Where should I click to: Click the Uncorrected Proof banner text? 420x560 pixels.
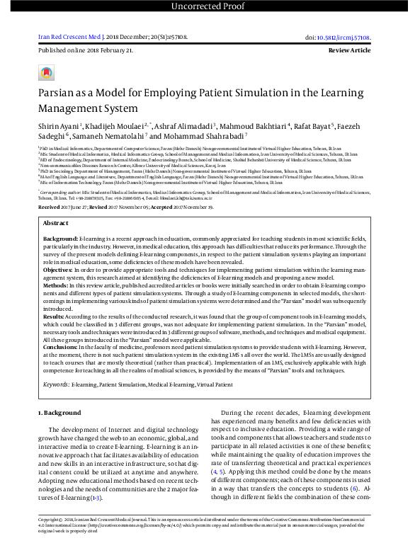pyautogui.click(x=210, y=7)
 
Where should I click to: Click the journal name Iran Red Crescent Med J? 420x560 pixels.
pyautogui.click(x=69, y=36)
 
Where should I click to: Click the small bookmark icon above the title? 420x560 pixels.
pyautogui.click(x=46, y=72)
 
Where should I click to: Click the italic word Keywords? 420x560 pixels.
pyautogui.click(x=56, y=384)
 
